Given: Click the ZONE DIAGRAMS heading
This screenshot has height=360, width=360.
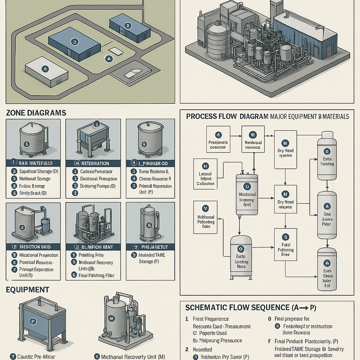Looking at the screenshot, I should coord(36,113).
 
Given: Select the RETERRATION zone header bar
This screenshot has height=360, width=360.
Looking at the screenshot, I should coord(93,163).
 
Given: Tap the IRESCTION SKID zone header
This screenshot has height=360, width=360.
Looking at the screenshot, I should coord(33,246).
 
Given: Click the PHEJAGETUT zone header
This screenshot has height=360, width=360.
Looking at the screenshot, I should coord(150,246).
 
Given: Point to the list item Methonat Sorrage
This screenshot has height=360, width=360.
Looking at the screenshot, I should coord(34,179).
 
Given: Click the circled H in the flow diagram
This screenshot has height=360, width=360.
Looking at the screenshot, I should coord(206,166).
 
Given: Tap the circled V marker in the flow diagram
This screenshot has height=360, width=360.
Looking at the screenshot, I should coord(206,207).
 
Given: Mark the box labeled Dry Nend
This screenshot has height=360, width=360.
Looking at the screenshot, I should coord(285,200).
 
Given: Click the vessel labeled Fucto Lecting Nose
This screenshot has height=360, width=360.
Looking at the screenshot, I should coord(241,257).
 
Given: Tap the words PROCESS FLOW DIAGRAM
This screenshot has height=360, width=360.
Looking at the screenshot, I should coord(227,116).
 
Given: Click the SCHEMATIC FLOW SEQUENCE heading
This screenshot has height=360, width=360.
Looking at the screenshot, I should coord(251,308).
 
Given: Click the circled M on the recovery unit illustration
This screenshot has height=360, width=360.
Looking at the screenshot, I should coord(111,319).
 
